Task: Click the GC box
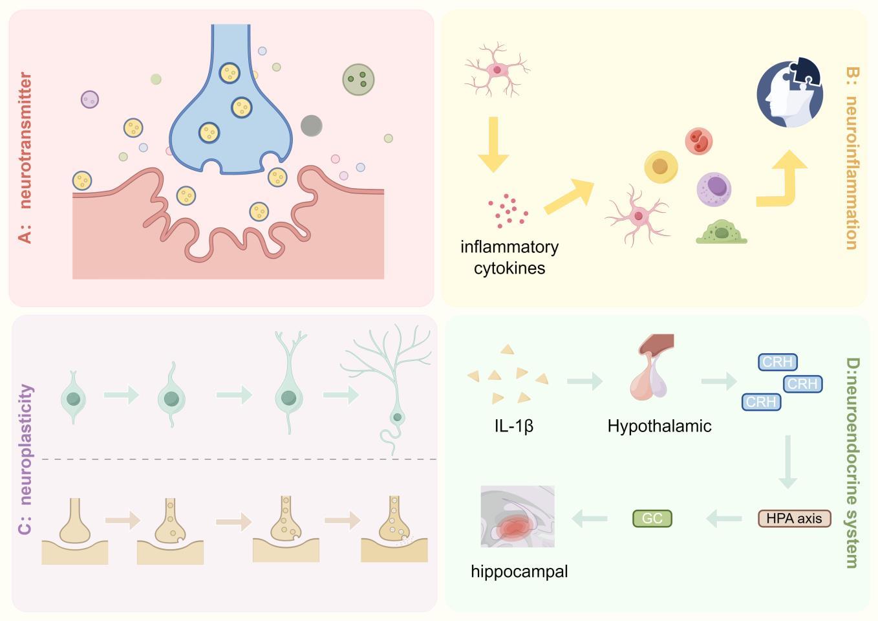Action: point(652,518)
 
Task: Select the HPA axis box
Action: point(794,518)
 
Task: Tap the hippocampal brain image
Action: point(517,516)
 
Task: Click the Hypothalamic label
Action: point(659,426)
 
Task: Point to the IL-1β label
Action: point(514,426)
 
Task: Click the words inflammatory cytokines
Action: point(509,257)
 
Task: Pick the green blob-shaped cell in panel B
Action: point(721,232)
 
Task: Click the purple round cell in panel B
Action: point(714,188)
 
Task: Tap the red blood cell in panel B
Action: point(698,141)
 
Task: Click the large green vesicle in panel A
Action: point(358,80)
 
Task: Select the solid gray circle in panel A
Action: point(312,125)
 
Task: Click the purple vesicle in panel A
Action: point(90,99)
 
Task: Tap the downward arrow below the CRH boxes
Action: point(787,461)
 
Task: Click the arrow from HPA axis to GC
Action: point(724,518)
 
